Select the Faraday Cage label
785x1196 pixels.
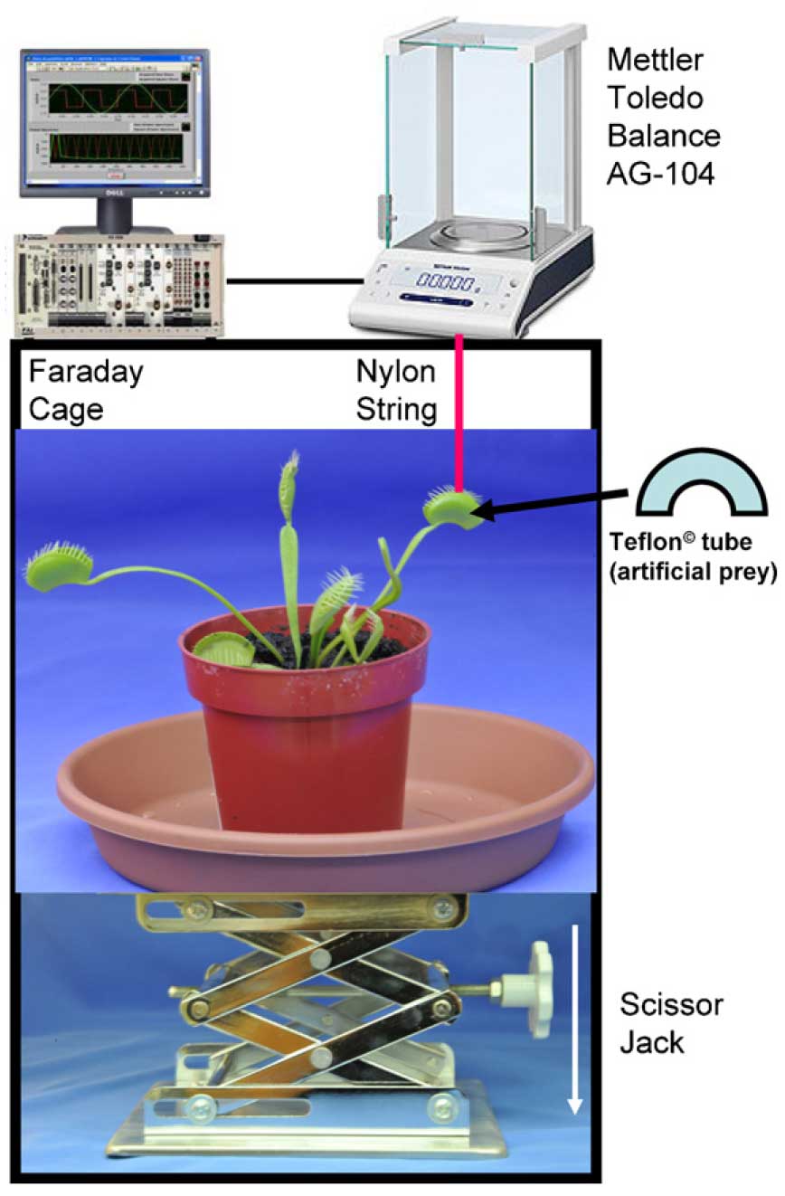point(86,390)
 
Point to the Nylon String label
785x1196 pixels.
point(396,390)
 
